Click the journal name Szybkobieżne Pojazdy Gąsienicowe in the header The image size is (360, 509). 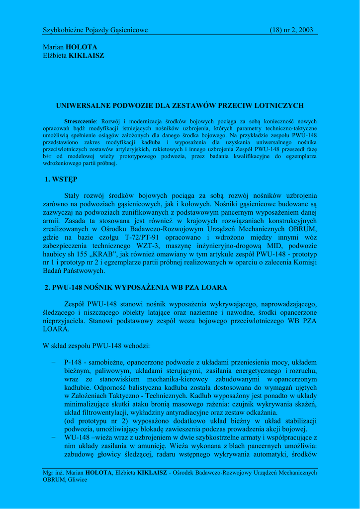pyautogui.click(x=95, y=30)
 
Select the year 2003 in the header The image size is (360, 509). pyautogui.click(x=304, y=30)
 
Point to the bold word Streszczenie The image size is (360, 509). pyautogui.click(x=81, y=121)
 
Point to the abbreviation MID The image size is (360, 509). pyautogui.click(x=259, y=246)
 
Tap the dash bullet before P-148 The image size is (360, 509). pyautogui.click(x=53, y=362)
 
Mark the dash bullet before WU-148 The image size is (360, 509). pyautogui.click(x=53, y=437)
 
